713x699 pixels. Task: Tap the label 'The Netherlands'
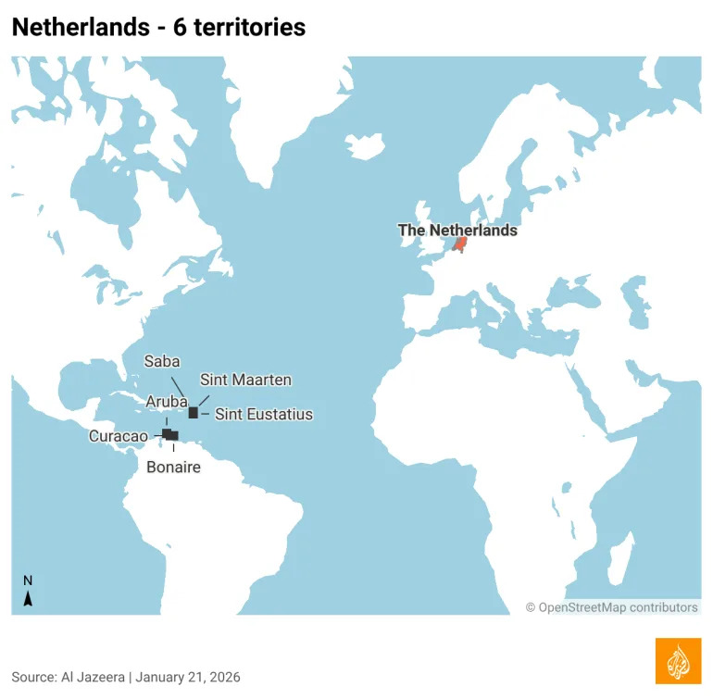tap(457, 231)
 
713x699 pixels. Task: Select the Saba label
tap(161, 361)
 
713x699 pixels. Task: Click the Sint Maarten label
tap(245, 380)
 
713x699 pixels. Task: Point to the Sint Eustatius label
tap(264, 415)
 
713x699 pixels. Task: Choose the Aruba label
tap(168, 401)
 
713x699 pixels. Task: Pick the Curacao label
tap(118, 436)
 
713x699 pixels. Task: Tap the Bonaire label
tap(173, 468)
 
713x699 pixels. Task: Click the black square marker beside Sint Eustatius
tap(194, 413)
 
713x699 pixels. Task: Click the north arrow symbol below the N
tap(28, 599)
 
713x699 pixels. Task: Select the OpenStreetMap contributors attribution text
tap(612, 607)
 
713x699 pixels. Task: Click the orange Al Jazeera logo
tap(678, 661)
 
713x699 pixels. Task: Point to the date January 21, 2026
tap(188, 678)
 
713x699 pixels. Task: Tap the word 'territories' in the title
tap(245, 28)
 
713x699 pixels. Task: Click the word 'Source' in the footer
tap(34, 678)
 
